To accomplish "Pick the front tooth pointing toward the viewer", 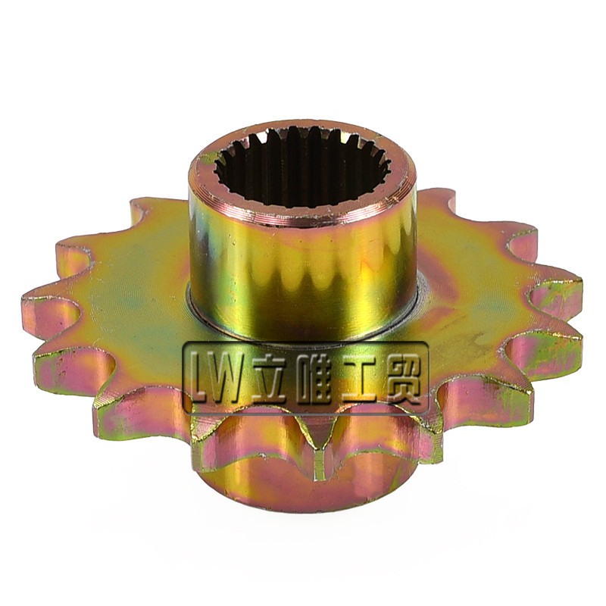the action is tap(320, 460).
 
